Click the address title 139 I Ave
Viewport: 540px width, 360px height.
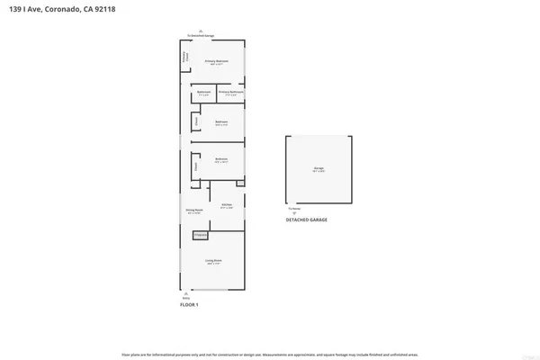63,9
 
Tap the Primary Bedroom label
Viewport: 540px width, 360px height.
217,62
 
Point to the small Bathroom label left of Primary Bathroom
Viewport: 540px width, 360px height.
203,93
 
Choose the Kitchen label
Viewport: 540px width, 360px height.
227,205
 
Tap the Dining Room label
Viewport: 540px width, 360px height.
193,213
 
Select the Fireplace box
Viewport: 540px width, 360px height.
201,235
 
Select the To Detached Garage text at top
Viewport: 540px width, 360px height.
200,35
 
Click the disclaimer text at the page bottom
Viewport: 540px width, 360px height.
270,352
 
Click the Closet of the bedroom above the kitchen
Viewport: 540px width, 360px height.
194,166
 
